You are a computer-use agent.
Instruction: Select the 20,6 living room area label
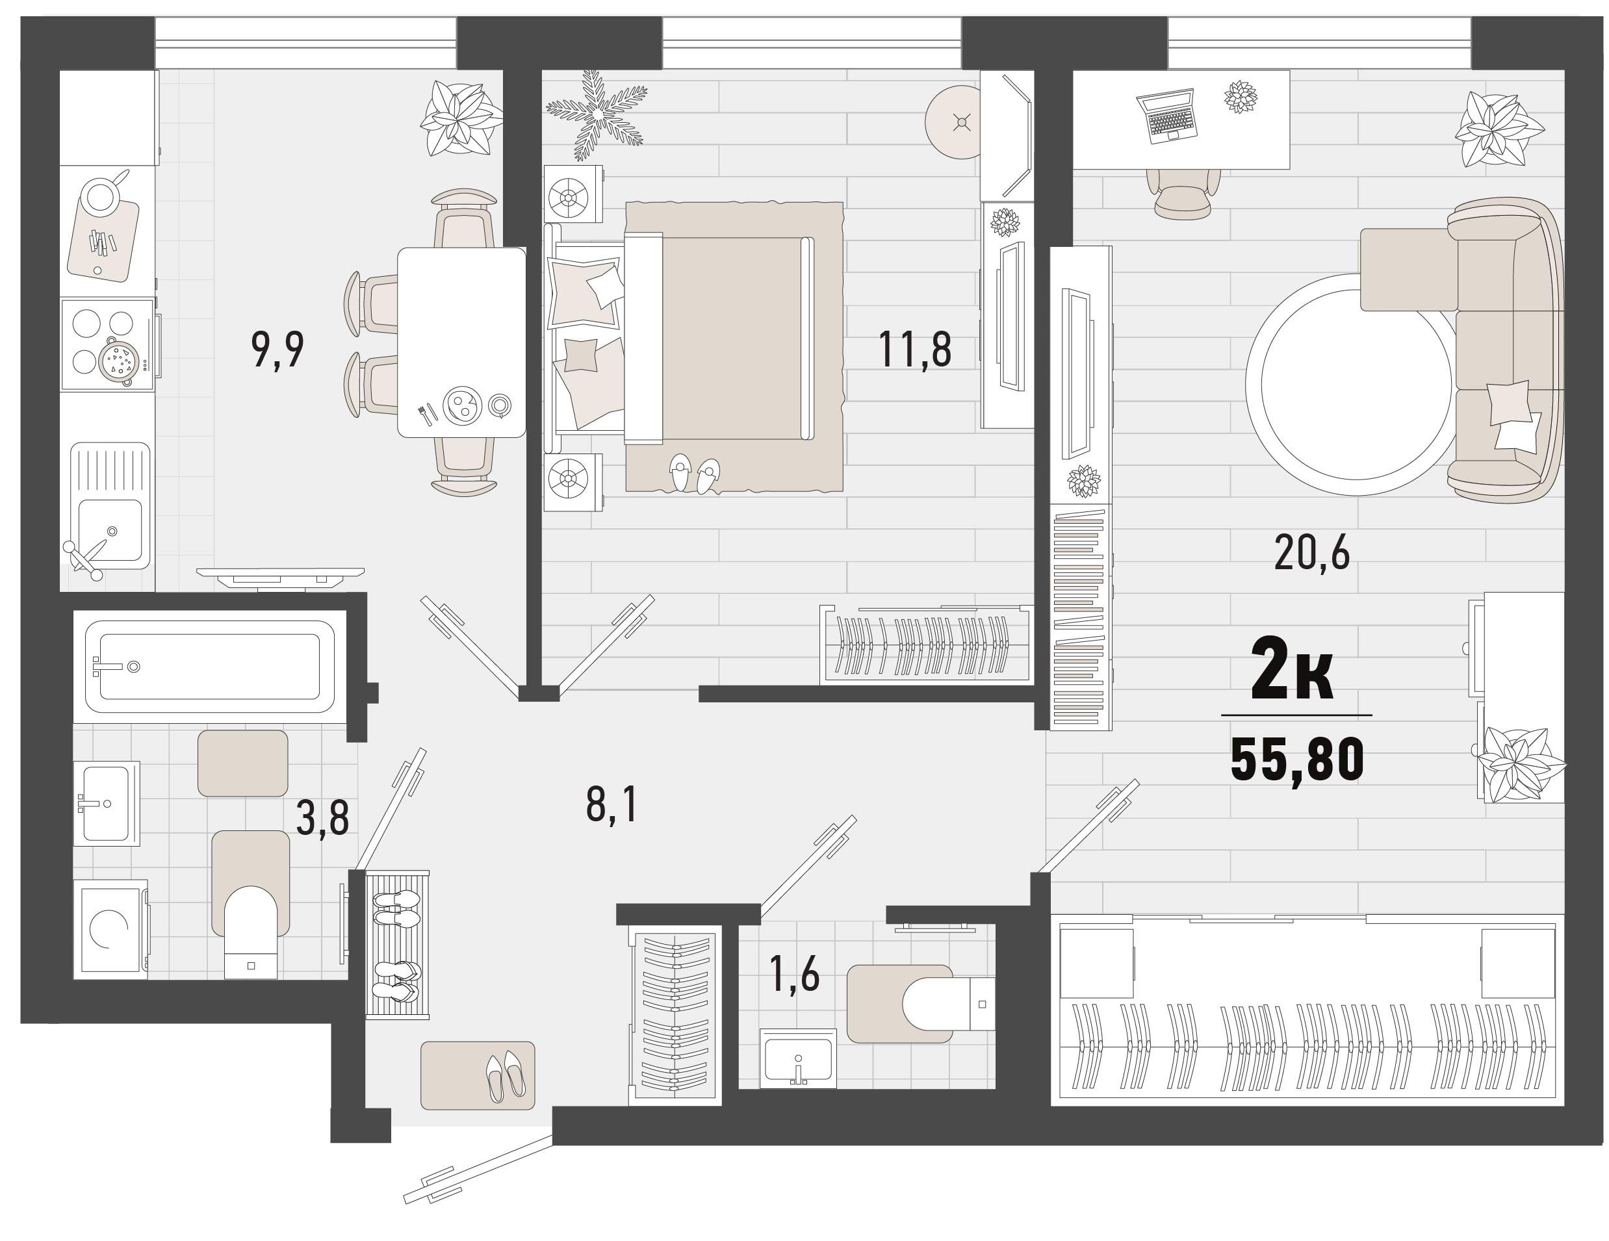(1311, 552)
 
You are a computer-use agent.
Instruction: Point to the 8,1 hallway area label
(611, 804)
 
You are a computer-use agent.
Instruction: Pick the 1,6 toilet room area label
(793, 974)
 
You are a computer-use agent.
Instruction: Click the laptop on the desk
(1166, 115)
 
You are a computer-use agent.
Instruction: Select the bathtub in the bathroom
(210, 667)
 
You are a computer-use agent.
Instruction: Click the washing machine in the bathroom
(111, 930)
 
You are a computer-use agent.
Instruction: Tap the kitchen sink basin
(110, 530)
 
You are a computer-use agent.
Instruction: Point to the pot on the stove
(118, 361)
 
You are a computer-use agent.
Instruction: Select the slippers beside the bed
(695, 474)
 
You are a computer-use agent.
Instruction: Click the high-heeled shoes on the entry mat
(506, 1076)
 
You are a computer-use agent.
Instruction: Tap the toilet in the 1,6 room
(949, 1003)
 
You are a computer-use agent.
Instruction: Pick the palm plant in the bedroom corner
(597, 115)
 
